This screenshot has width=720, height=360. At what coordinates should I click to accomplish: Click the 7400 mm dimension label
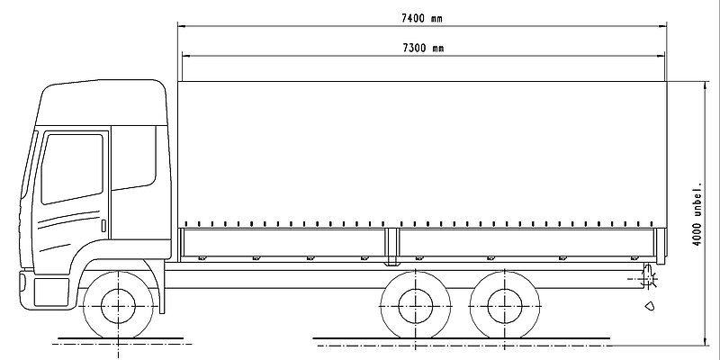pyautogui.click(x=421, y=18)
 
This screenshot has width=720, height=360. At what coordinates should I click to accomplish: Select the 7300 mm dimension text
pyautogui.click(x=423, y=48)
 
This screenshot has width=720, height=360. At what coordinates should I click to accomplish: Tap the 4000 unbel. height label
pyautogui.click(x=697, y=214)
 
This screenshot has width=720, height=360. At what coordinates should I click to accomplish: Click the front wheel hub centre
pyautogui.click(x=118, y=306)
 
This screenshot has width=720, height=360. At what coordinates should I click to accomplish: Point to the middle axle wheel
pyautogui.click(x=416, y=306)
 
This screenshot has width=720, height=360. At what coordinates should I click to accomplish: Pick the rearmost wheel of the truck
pyautogui.click(x=505, y=306)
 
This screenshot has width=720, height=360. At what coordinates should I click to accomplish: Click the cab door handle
pyautogui.click(x=103, y=226)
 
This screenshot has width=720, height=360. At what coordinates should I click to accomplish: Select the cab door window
pyautogui.click(x=72, y=168)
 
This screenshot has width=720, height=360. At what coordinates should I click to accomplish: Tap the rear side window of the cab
pyautogui.click(x=133, y=157)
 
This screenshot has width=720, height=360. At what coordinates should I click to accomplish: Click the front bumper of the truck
pyautogui.click(x=45, y=290)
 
